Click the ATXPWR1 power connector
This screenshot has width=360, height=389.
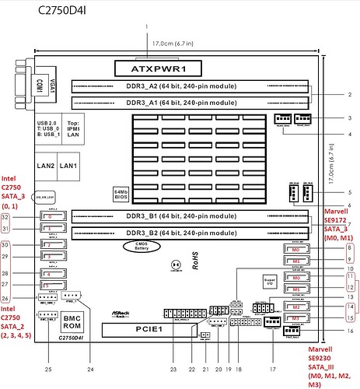tap(168, 68)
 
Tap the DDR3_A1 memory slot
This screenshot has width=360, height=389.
tap(187, 102)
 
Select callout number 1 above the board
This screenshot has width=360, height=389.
tap(145, 28)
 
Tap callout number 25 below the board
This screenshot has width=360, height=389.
tap(47, 367)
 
